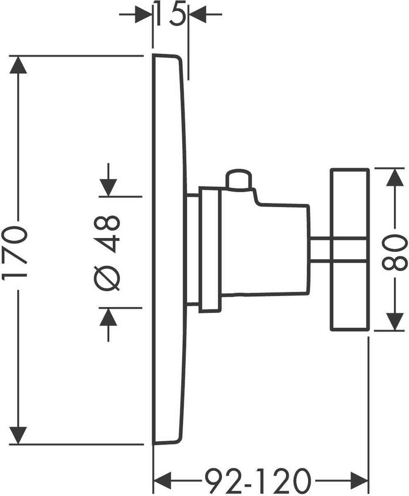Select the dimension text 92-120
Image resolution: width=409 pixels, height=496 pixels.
pyautogui.click(x=258, y=481)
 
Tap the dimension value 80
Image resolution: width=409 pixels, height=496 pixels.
pyautogui.click(x=395, y=253)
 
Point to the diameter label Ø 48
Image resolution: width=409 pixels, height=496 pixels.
pyautogui.click(x=107, y=252)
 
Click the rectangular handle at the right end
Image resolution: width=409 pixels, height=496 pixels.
pyautogui.click(x=350, y=250)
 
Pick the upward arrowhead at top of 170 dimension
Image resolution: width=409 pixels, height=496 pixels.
pyautogui.click(x=18, y=65)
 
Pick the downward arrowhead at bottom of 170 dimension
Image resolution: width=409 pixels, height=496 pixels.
pyautogui.click(x=18, y=435)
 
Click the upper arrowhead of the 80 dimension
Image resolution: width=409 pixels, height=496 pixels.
pyautogui.click(x=395, y=177)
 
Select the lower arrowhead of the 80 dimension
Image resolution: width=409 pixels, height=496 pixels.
pyautogui.click(x=395, y=322)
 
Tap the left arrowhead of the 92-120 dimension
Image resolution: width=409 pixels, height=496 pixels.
pyautogui.click(x=162, y=481)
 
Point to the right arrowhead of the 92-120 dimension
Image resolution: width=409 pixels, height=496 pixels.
pyautogui.click(x=359, y=481)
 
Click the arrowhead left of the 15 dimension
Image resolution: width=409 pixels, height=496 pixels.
pyautogui.click(x=144, y=14)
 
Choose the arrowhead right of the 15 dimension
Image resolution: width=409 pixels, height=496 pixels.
pyautogui.click(x=197, y=14)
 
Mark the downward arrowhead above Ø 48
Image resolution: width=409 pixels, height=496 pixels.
pyautogui.click(x=108, y=187)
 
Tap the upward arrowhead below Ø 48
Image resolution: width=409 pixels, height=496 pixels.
pyautogui.click(x=108, y=317)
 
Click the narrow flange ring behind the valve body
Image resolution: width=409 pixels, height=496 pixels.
pyautogui.click(x=209, y=250)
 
